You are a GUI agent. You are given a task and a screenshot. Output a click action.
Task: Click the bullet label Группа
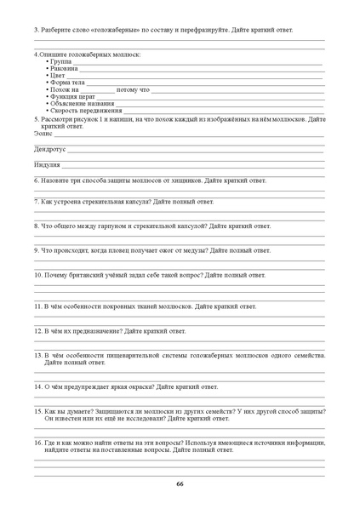coord(60,61)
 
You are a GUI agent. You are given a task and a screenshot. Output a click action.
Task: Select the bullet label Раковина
coord(64,68)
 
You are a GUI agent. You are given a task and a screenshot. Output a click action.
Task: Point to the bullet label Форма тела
coord(67,82)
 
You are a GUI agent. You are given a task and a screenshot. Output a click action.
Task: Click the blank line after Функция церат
coord(204,97)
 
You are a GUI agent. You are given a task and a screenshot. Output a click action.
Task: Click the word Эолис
coord(43,133)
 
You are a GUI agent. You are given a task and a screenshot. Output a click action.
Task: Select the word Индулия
coord(47,164)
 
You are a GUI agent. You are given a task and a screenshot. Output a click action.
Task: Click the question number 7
coord(36,202)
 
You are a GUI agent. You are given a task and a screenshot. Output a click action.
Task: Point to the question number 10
coord(37,275)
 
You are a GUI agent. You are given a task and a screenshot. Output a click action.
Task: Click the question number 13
coord(37,355)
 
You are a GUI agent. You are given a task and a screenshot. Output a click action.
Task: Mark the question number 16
coord(37,443)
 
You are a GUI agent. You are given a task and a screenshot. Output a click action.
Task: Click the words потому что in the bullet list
coord(133,89)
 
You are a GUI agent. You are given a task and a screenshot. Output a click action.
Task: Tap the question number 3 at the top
coord(36,30)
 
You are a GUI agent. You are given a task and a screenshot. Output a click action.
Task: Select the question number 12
coord(37,330)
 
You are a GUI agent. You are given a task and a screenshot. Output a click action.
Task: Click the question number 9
coord(36,250)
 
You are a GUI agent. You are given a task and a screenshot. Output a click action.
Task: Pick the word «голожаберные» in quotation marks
coord(109,30)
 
